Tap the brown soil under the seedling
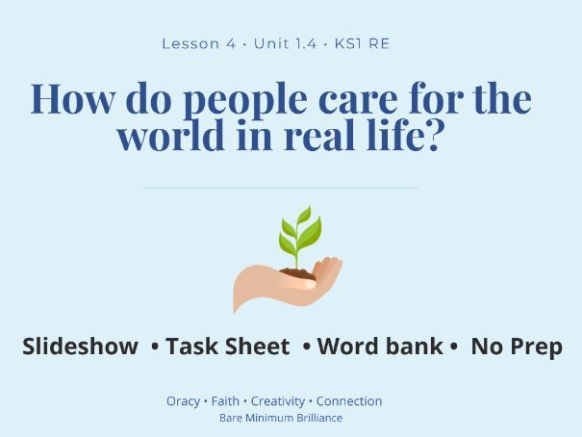pos(297,274)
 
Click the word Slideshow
pos(81,347)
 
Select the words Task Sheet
pos(227,347)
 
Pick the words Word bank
pos(380,347)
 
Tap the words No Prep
pos(517,347)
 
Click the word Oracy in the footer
pos(183,401)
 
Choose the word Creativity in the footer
pos(278,401)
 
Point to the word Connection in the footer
pos(349,401)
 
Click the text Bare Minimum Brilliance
pos(281,418)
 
